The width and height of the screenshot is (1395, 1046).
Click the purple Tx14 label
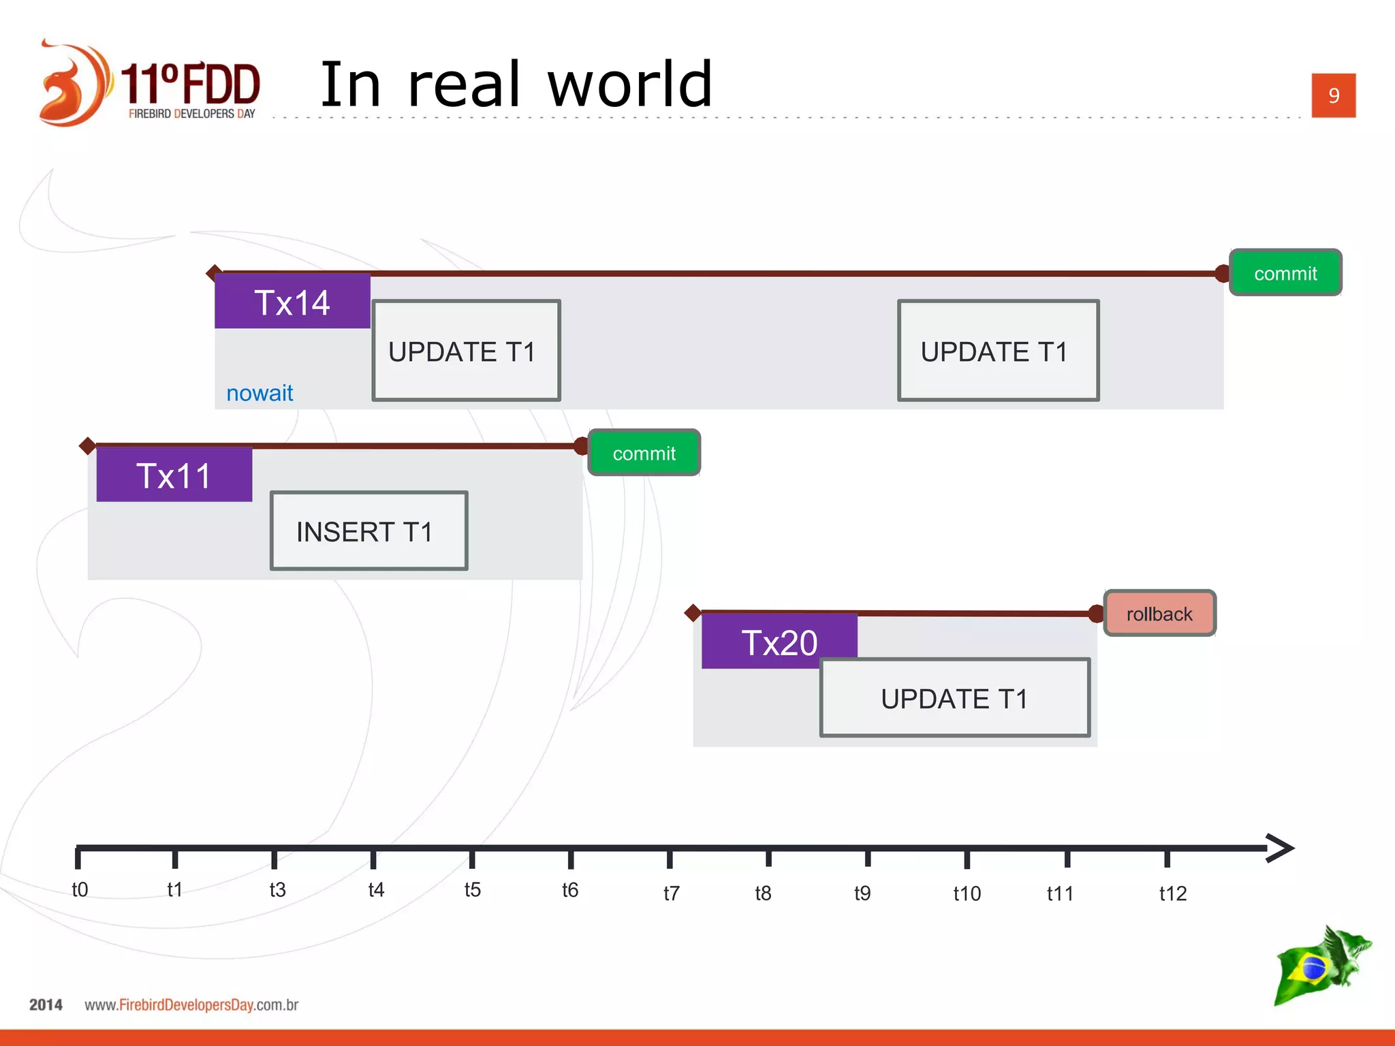[x=292, y=302]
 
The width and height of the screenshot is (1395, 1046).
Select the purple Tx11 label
[x=174, y=475]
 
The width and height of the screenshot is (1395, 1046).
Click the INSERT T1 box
[x=369, y=530]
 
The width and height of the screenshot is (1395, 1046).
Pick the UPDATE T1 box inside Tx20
[x=954, y=698]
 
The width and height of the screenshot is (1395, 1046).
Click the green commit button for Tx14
[x=1285, y=273]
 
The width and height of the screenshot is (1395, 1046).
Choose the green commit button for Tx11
[x=644, y=453]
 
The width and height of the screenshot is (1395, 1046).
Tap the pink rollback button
[x=1159, y=614]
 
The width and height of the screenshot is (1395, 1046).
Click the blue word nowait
[x=260, y=393]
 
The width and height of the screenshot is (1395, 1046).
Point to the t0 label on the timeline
[x=80, y=889]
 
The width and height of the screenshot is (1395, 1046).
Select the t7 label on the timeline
[x=672, y=893]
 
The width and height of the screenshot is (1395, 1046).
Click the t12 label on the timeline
[x=1173, y=893]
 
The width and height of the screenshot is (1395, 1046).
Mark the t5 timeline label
[x=473, y=889]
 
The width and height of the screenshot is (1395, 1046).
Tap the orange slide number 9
[x=1333, y=95]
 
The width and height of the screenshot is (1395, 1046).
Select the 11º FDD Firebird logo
[x=150, y=84]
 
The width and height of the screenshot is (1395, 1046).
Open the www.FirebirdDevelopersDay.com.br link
[x=191, y=1004]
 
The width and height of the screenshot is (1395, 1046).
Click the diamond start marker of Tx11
[x=87, y=446]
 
